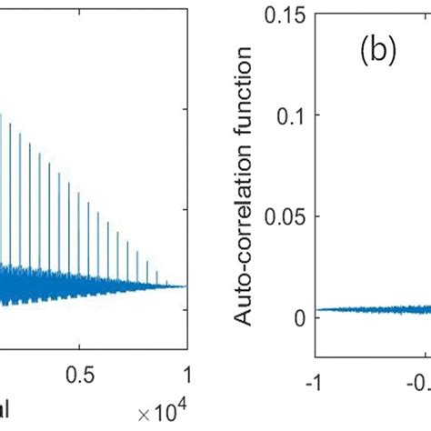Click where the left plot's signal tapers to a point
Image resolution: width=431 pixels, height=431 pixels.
186,286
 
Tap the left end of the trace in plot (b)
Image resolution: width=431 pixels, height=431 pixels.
317,310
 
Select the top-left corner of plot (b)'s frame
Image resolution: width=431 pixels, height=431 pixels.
316,13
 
